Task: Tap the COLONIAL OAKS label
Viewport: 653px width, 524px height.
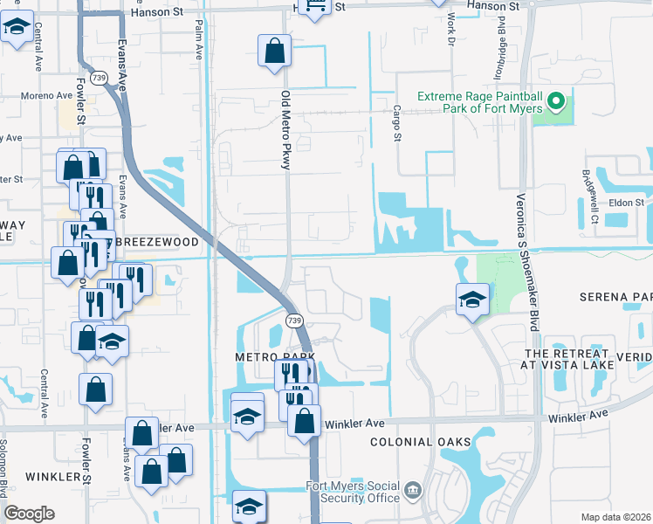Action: tap(420, 442)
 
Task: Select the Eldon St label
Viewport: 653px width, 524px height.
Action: tap(626, 202)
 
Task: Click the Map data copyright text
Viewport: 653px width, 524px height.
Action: tap(616, 517)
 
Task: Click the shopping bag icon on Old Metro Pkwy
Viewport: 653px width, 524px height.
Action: tap(274, 51)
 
